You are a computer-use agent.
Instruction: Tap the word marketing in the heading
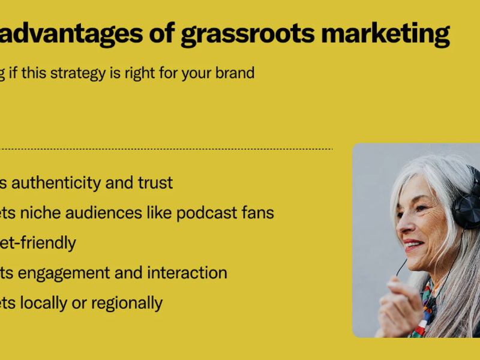point(385,35)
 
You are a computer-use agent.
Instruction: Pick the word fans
point(258,212)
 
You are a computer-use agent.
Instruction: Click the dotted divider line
point(180,149)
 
